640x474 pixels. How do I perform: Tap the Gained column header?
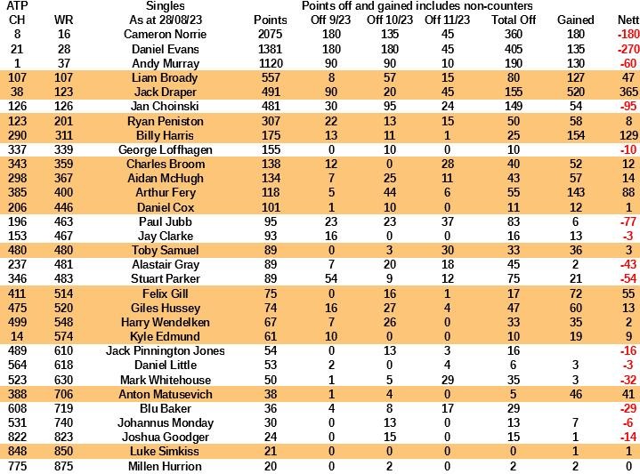(575, 20)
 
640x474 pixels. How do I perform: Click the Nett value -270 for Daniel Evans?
(628, 49)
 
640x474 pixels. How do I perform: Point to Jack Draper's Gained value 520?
(575, 92)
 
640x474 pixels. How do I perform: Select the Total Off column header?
(514, 20)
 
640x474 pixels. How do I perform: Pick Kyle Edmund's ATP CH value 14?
(18, 336)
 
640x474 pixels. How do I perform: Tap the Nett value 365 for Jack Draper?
(628, 92)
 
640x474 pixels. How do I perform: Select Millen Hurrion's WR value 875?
(63, 465)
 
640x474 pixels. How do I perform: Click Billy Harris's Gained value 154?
(575, 135)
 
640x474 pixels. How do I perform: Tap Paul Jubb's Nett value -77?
(628, 221)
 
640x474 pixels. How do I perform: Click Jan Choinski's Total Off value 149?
(514, 107)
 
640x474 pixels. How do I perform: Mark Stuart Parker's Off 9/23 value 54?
(330, 278)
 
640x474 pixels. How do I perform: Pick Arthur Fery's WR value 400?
(63, 192)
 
